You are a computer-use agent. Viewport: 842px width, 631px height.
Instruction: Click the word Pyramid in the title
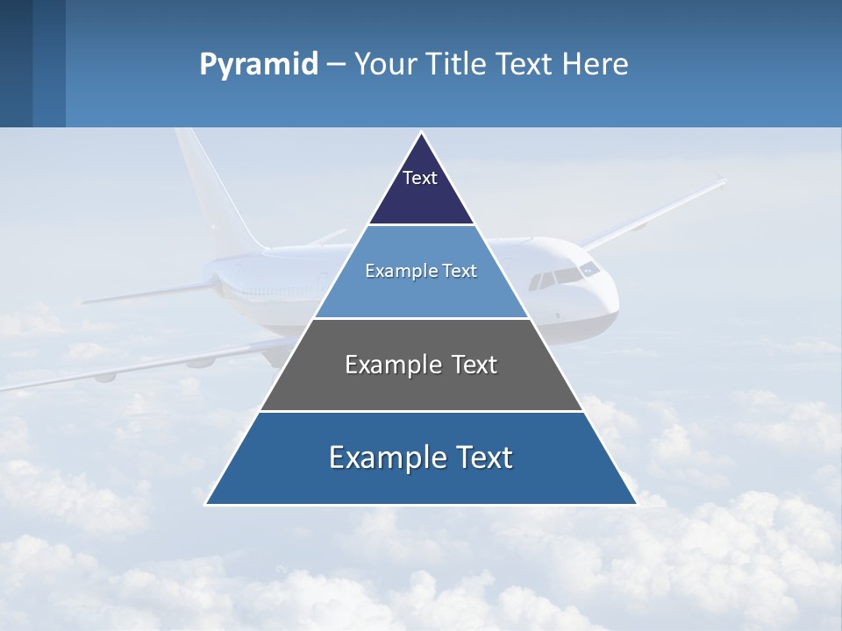click(x=258, y=65)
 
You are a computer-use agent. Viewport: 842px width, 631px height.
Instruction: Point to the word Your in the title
click(x=387, y=65)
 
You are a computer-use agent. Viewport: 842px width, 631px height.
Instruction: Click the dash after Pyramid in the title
click(x=336, y=65)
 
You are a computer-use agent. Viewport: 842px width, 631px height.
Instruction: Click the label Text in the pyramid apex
click(x=420, y=178)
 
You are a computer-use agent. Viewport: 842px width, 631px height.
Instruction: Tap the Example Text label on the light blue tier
click(x=421, y=271)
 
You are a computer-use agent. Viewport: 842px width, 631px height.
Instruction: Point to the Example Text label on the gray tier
click(x=421, y=365)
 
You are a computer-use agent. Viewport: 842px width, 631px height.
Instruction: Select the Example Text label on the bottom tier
click(x=421, y=457)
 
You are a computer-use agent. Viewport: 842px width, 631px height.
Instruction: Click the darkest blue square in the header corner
click(x=16, y=63)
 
